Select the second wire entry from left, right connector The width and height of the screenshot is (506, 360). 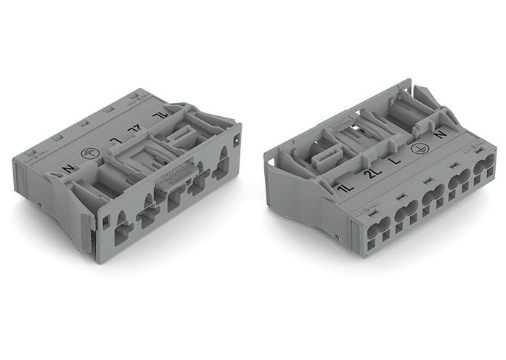[x=406, y=216]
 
